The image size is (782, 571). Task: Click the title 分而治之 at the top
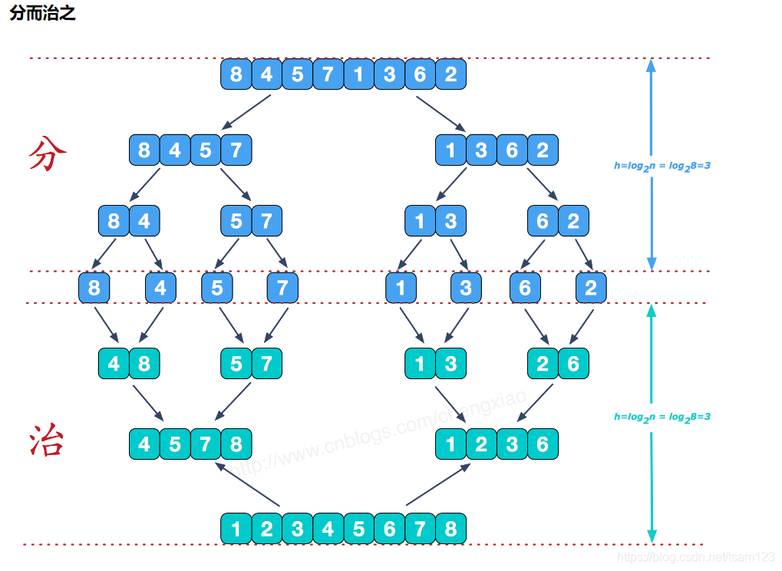pyautogui.click(x=43, y=13)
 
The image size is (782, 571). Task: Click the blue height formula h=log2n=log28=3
pyautogui.click(x=662, y=165)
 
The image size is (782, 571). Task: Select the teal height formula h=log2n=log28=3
pyautogui.click(x=662, y=417)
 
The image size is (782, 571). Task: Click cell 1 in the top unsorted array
pyautogui.click(x=358, y=74)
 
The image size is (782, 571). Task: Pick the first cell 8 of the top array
pyautogui.click(x=236, y=74)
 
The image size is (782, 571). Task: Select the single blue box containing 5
pyautogui.click(x=217, y=289)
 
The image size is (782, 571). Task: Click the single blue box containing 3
pyautogui.click(x=466, y=289)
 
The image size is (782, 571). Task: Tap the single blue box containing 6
pyautogui.click(x=525, y=289)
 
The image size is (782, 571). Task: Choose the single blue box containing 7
pyautogui.click(x=282, y=289)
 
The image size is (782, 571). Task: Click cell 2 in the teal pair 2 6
pyautogui.click(x=543, y=363)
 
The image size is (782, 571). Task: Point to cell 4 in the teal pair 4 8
pyautogui.click(x=114, y=363)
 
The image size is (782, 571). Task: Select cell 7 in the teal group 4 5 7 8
pyautogui.click(x=205, y=444)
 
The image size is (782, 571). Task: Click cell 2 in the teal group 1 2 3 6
pyautogui.click(x=481, y=444)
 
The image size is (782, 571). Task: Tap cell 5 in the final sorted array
pyautogui.click(x=358, y=529)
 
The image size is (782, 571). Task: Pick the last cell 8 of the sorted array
pyautogui.click(x=450, y=529)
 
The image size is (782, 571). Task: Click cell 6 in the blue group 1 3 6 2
pyautogui.click(x=512, y=150)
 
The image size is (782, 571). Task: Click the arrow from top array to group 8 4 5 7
pyautogui.click(x=247, y=111)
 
